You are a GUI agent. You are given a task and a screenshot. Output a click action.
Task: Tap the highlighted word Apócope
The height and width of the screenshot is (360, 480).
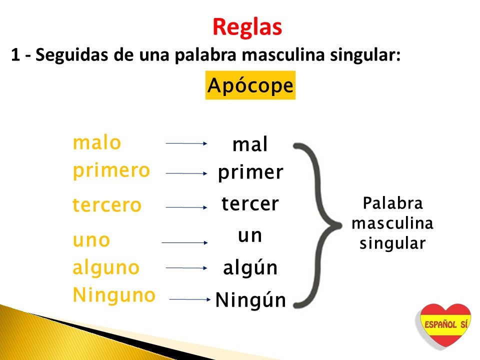pyautogui.click(x=250, y=85)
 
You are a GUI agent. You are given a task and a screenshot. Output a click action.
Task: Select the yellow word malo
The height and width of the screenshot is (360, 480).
pyautogui.click(x=97, y=142)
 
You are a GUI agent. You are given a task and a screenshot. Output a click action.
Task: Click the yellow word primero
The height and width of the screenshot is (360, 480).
pyautogui.click(x=111, y=171)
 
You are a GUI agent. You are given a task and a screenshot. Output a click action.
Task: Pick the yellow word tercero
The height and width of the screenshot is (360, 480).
pyautogui.click(x=107, y=204)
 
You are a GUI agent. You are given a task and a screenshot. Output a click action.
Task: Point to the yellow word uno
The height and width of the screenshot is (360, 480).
pyautogui.click(x=91, y=240)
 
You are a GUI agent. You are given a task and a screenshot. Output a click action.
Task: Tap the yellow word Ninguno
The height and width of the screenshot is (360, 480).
pyautogui.click(x=114, y=295)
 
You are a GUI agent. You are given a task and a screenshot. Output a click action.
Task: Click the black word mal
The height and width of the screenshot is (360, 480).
pyautogui.click(x=250, y=144)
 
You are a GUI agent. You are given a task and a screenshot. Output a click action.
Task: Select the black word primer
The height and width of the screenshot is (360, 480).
pyautogui.click(x=250, y=173)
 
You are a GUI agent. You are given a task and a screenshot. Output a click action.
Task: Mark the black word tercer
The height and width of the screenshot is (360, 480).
pyautogui.click(x=250, y=203)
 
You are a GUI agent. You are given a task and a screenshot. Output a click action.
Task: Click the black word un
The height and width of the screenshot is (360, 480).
pyautogui.click(x=250, y=236)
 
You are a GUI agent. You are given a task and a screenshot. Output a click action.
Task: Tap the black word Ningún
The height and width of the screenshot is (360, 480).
pyautogui.click(x=250, y=300)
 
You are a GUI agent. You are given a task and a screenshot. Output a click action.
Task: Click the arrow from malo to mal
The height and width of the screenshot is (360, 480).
pyautogui.click(x=186, y=143)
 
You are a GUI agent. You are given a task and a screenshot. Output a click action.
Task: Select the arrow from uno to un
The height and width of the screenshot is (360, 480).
pyautogui.click(x=184, y=243)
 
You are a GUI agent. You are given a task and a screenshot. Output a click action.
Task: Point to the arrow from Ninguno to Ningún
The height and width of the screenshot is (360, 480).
pyautogui.click(x=190, y=299)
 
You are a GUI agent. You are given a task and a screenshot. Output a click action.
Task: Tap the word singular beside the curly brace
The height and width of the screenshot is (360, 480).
pyautogui.click(x=393, y=243)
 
